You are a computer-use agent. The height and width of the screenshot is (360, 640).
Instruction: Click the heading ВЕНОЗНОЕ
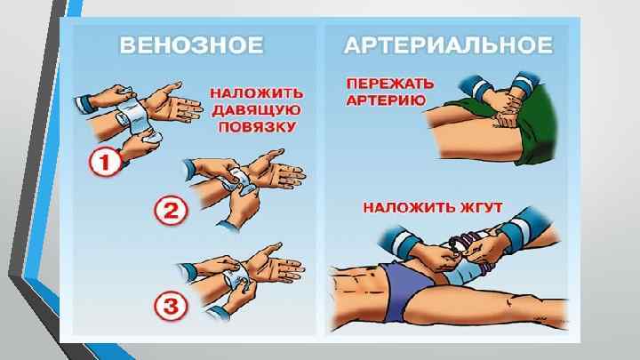[x=191, y=45]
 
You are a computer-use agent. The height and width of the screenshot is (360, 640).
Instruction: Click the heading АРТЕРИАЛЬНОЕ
[x=449, y=45]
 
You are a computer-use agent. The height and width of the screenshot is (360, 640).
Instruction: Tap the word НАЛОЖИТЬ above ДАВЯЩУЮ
[x=257, y=93]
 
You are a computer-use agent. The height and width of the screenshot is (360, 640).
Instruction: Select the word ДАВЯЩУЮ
[x=257, y=110]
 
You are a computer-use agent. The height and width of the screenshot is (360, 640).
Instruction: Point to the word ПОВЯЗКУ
[x=257, y=127]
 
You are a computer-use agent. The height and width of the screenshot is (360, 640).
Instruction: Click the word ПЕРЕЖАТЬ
[x=390, y=84]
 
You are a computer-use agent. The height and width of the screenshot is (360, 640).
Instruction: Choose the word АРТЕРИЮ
[x=386, y=100]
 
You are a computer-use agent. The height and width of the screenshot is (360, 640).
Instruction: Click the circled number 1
[x=105, y=162]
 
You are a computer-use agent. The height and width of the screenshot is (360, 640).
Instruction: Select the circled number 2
[x=171, y=211]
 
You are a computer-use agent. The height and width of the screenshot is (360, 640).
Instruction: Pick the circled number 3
[x=171, y=306]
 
